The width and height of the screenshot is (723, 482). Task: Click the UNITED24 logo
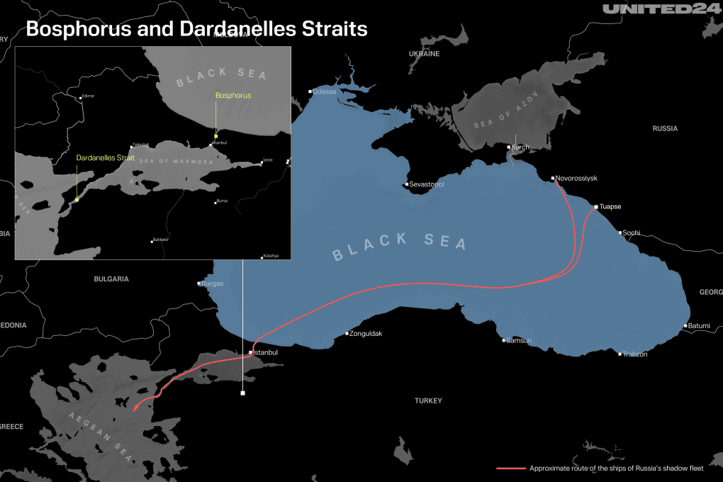pos(660,9)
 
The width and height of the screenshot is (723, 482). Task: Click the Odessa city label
pos(325,91)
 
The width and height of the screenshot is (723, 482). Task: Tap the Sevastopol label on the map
pos(427,184)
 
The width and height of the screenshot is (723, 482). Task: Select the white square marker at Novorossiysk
pos(553,178)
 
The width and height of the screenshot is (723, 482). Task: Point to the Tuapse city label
pos(610,207)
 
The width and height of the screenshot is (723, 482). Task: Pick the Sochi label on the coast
pos(631,232)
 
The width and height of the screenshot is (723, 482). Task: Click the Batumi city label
pos(698,326)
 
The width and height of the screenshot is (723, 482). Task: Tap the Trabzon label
pos(635,354)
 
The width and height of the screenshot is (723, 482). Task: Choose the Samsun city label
pos(519,341)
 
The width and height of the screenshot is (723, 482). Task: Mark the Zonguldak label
pos(366,333)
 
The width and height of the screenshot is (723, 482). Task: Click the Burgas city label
pos(213,284)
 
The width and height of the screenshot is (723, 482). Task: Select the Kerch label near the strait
pos(520,147)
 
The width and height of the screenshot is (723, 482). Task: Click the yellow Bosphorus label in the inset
pos(233,95)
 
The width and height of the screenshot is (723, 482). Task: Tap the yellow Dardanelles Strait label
pos(106,158)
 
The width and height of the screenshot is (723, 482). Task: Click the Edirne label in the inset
pos(88,96)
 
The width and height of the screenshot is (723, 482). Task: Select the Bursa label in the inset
pos(222,201)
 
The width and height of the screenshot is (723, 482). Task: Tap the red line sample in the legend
pos(511,469)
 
